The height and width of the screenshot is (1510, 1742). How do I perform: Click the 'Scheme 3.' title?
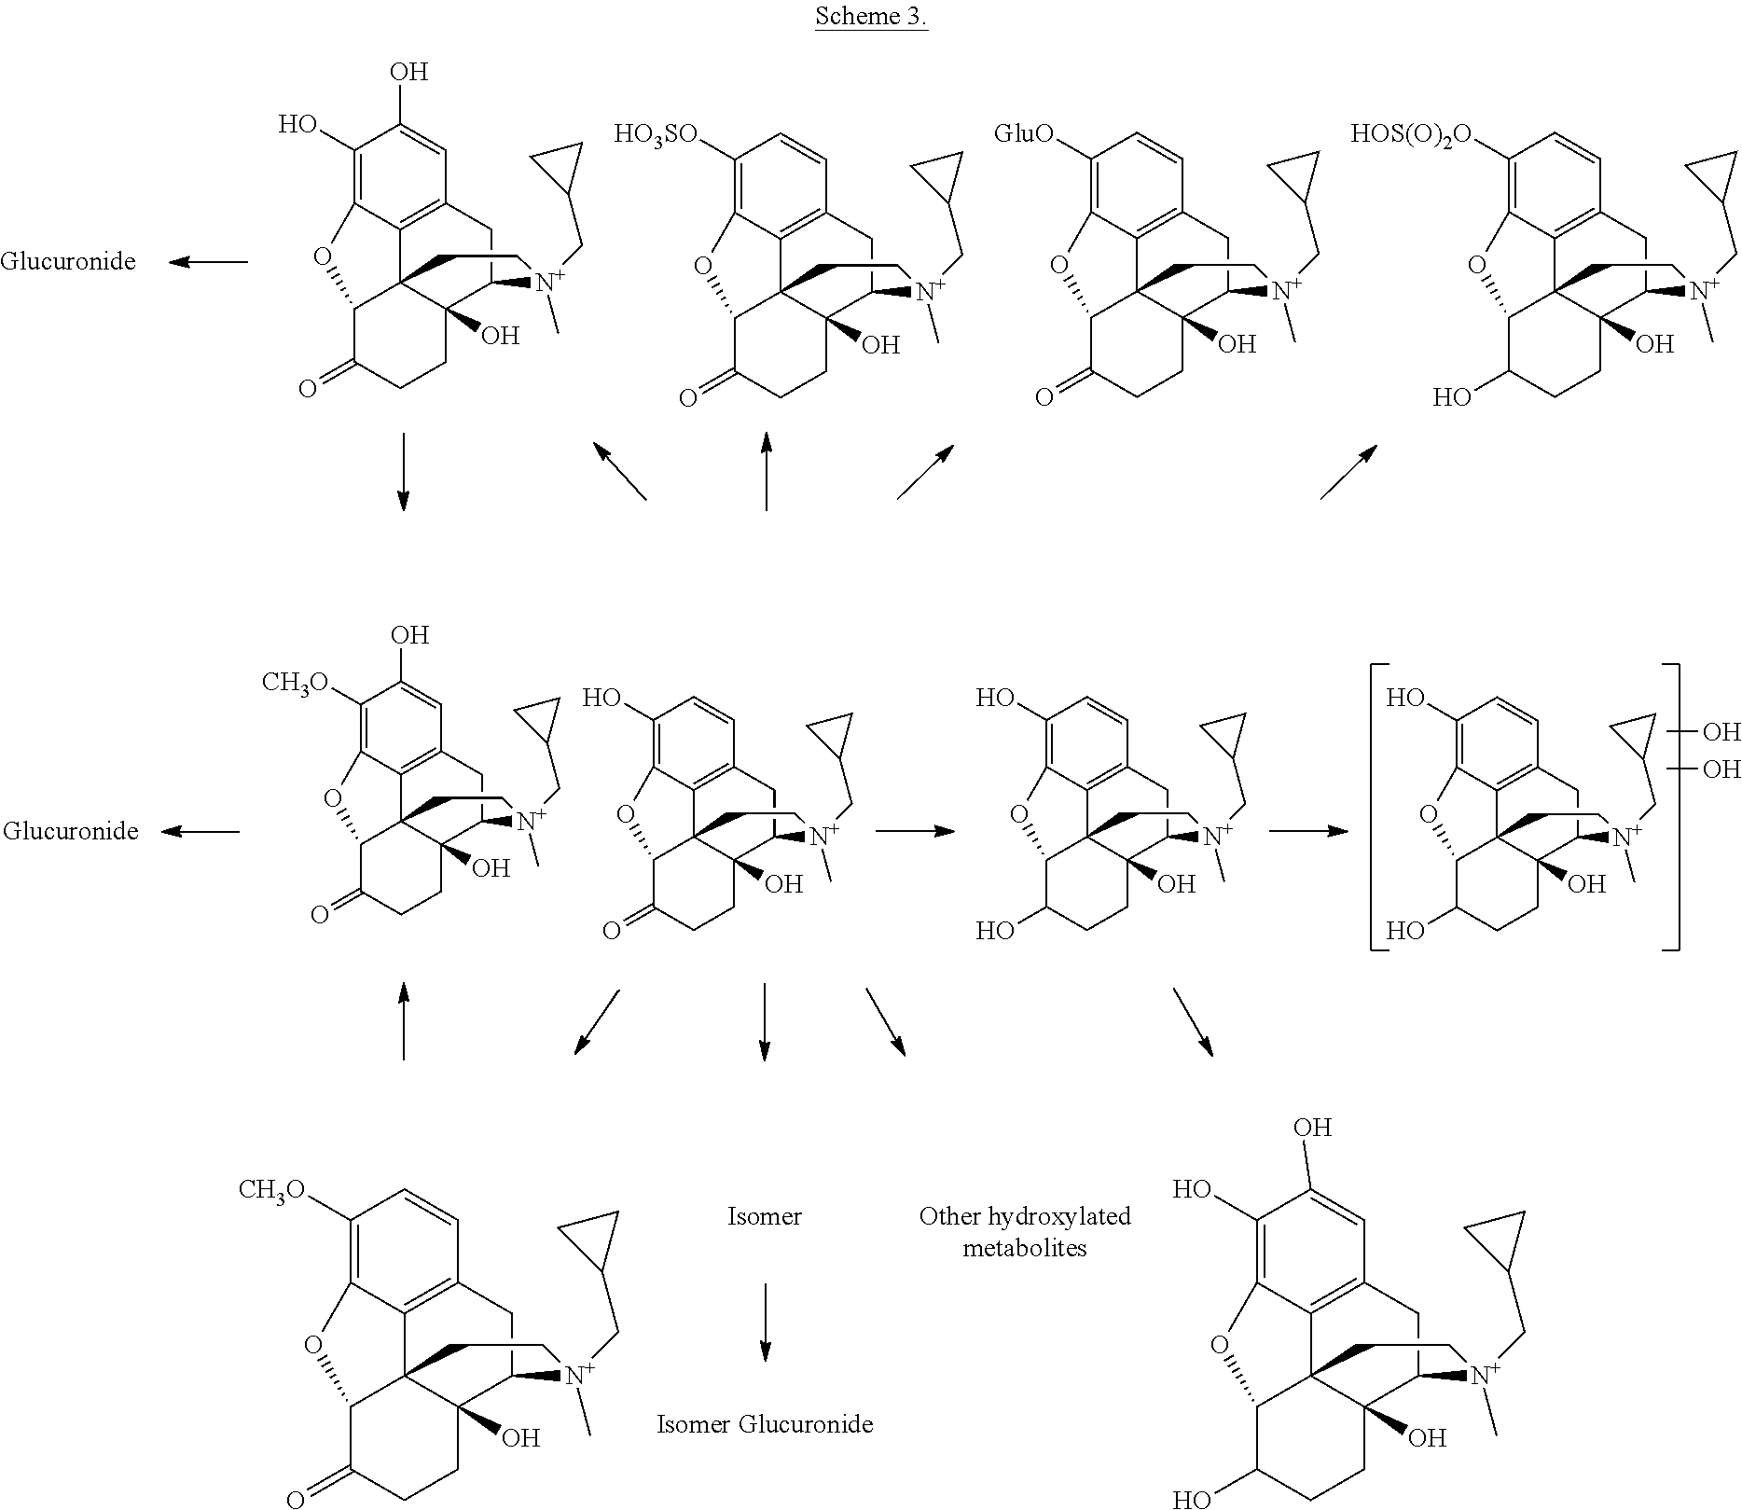pos(871,16)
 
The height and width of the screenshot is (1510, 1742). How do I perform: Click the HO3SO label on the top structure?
pos(655,134)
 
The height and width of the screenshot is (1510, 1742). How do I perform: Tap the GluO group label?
pos(1023,133)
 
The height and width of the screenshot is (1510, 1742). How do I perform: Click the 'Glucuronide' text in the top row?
pos(68,261)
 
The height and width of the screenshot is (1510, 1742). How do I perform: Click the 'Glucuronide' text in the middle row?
pos(71,831)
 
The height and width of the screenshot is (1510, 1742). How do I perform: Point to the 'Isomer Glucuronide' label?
pos(765,1424)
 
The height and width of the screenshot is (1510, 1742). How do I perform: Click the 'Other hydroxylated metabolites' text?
pos(1025,1231)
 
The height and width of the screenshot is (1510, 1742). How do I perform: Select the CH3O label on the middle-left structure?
pos(295,683)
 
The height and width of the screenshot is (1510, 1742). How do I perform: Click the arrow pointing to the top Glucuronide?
pos(208,262)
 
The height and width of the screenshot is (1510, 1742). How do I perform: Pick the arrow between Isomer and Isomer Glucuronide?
pos(765,1322)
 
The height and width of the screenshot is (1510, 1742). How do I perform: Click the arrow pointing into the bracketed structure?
pos(1308,830)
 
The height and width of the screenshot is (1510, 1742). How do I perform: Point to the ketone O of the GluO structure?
pos(1044,398)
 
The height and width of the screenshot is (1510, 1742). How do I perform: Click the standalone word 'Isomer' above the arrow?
pos(765,1216)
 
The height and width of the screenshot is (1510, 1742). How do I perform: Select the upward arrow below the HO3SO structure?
pos(766,471)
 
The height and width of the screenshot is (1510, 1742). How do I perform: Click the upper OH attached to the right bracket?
pos(1721,732)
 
